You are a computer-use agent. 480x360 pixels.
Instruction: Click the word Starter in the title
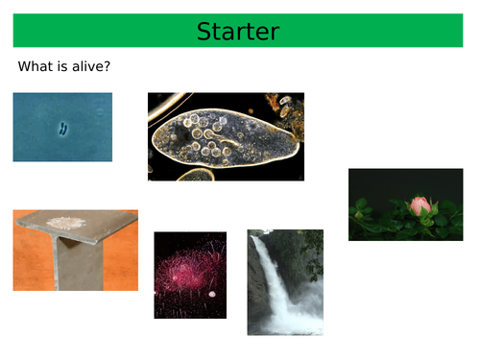coord(237,31)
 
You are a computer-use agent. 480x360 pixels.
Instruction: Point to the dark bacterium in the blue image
coord(63,128)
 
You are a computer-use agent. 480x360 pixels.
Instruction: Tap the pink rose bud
coord(420,204)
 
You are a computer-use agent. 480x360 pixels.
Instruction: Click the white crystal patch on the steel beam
coord(67,223)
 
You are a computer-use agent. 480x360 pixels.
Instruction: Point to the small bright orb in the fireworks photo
coord(212,293)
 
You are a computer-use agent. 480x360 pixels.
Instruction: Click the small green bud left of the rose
coord(363,204)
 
